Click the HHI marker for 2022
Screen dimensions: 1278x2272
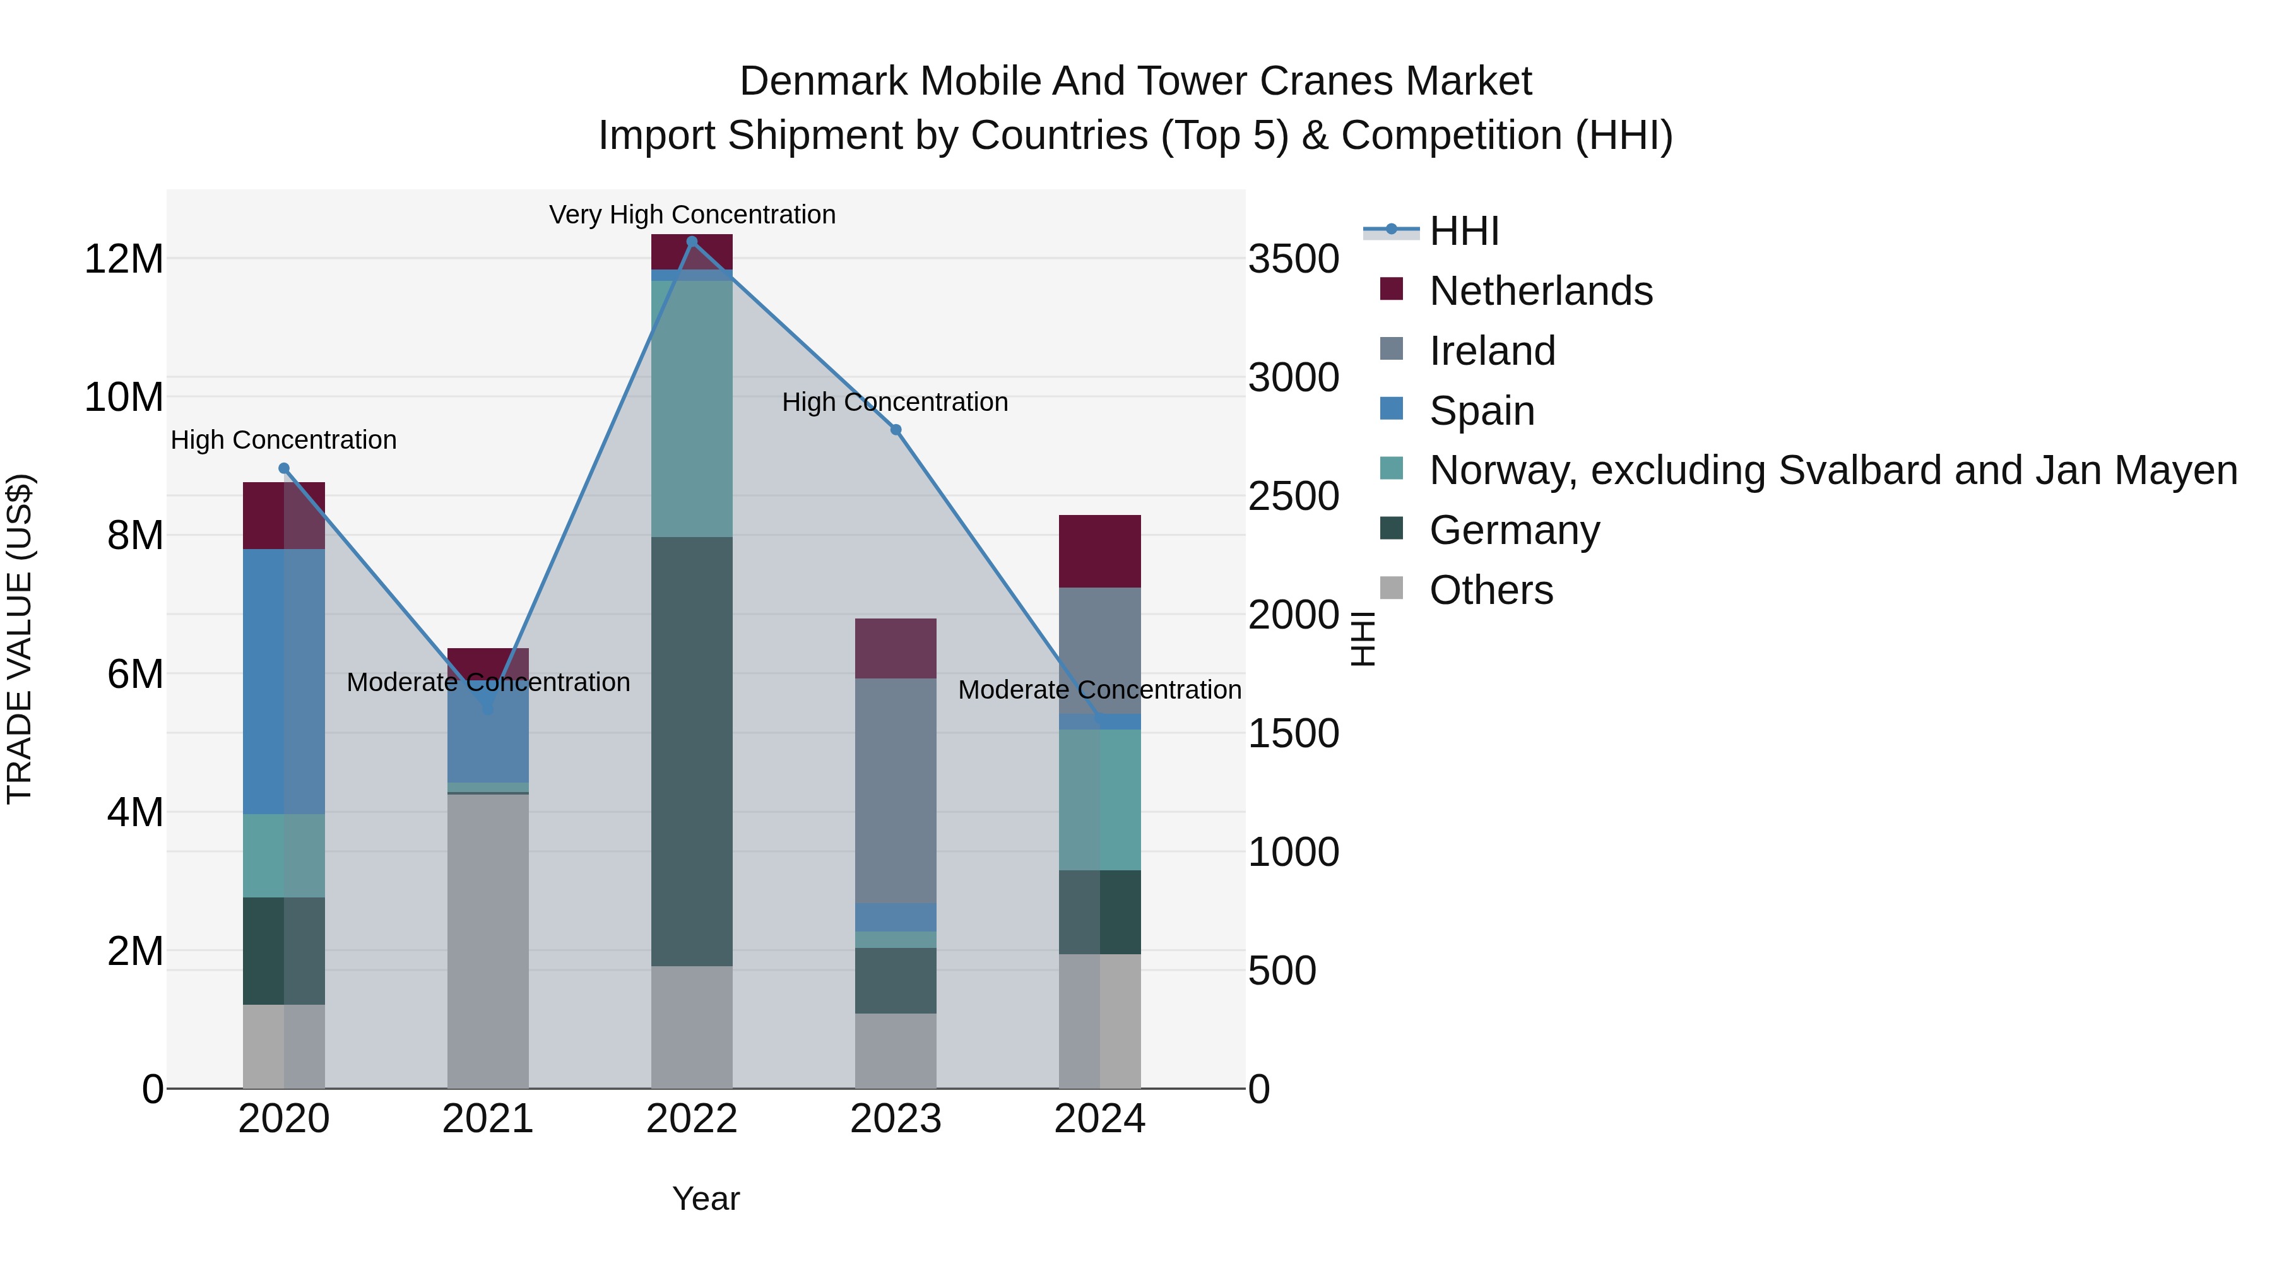pos(692,242)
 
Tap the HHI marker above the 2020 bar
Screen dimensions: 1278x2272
pos(284,469)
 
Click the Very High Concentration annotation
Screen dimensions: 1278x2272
pos(692,215)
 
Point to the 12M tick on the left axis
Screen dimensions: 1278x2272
pos(124,259)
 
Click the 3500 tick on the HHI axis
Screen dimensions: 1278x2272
pos(1294,259)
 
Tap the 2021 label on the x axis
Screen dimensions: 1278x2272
pos(488,1119)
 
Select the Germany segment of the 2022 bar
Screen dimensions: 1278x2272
pos(692,750)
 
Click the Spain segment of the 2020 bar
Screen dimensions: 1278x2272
pos(284,681)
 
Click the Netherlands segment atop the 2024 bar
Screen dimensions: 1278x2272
pos(1100,551)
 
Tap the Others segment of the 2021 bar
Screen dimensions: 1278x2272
pos(488,939)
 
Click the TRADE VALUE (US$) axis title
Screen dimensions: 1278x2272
pos(20,639)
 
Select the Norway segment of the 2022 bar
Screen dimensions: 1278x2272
pos(692,408)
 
